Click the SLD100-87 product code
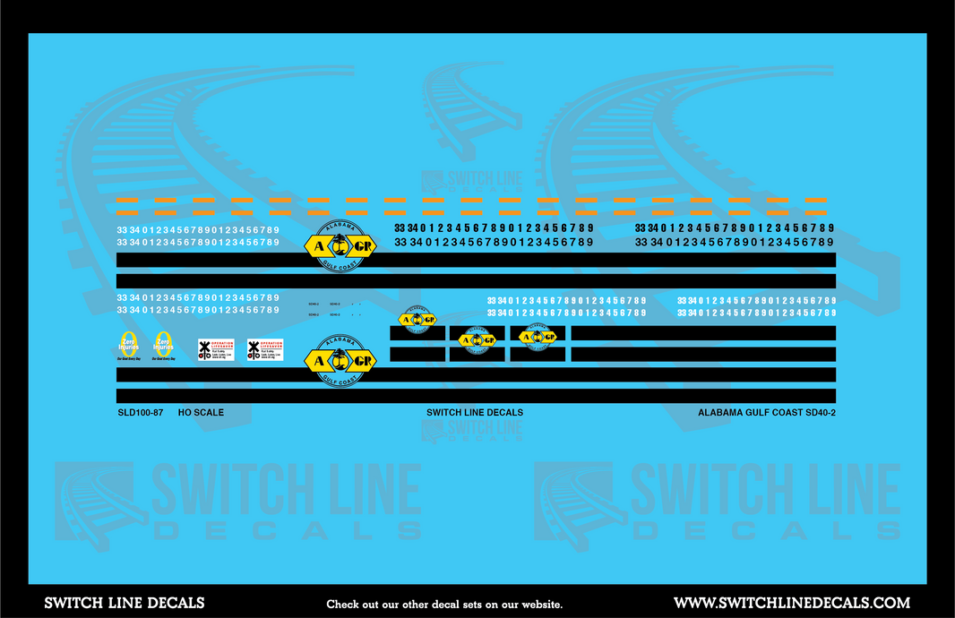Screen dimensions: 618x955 click(140, 413)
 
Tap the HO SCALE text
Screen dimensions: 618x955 click(201, 413)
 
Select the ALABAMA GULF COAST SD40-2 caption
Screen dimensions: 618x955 click(766, 413)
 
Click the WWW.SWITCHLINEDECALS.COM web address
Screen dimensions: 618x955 click(791, 603)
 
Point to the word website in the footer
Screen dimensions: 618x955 click(540, 605)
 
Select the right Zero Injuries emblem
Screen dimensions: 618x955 click(163, 346)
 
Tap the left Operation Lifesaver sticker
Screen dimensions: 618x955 click(216, 349)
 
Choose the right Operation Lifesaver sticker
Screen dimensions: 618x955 click(265, 349)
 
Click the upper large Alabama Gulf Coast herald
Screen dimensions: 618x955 click(340, 245)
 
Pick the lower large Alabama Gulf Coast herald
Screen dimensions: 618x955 click(340, 359)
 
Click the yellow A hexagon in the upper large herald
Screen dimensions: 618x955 click(320, 245)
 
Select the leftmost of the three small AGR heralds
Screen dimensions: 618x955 click(417, 320)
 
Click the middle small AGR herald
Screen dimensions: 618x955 click(477, 339)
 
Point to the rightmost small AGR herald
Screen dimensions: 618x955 click(538, 337)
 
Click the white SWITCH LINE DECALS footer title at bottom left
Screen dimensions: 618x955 click(125, 603)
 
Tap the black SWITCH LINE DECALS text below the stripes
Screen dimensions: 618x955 click(475, 413)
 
